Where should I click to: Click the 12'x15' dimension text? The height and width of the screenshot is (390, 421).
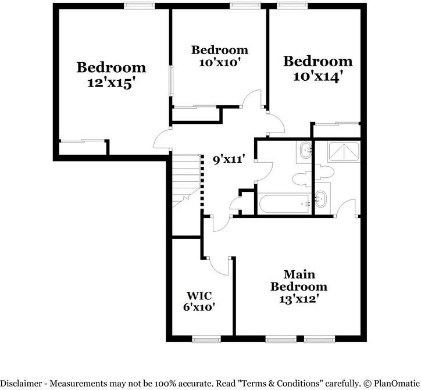tap(111, 83)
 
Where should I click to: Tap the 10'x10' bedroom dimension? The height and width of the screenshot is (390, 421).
tap(220, 62)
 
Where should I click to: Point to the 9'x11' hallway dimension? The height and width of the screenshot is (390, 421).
tap(228, 159)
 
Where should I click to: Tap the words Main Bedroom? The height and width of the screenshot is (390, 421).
tap(299, 280)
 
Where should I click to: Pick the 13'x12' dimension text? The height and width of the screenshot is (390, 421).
tap(299, 300)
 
